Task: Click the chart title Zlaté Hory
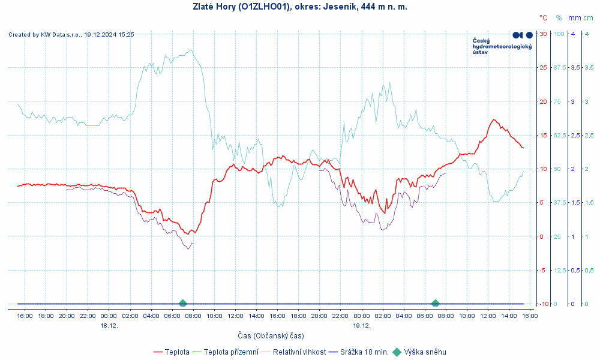[299, 7]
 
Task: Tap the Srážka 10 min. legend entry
[359, 352]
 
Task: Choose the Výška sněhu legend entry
[419, 352]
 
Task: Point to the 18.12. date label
[109, 325]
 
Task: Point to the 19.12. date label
[362, 325]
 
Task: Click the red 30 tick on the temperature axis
[542, 34]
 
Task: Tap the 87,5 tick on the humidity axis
[559, 67]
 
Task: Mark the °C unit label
[543, 18]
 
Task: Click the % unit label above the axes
[559, 18]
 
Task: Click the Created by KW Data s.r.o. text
[71, 35]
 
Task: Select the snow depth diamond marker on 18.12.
[183, 304]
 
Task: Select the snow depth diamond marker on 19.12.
[436, 304]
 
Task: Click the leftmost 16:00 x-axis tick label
[25, 316]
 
